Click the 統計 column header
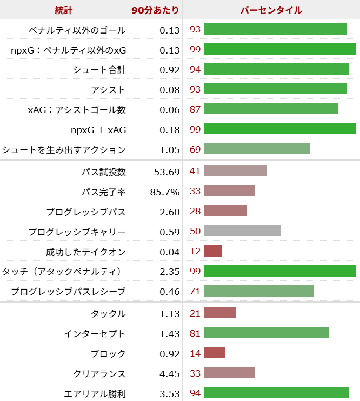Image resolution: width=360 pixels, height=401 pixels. [x=64, y=10]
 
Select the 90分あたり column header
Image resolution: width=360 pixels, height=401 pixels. [x=156, y=10]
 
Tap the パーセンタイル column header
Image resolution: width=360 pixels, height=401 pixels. [x=271, y=10]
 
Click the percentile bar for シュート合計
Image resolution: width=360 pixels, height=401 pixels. [x=276, y=69]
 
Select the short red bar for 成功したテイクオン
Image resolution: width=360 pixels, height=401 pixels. [x=213, y=251]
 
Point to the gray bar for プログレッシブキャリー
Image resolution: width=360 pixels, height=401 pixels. [x=242, y=231]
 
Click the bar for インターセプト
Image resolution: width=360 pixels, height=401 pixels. [x=266, y=333]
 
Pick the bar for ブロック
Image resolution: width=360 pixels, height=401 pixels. [x=215, y=353]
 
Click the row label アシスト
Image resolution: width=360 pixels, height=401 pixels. [x=108, y=90]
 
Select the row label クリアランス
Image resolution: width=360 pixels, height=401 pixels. [x=99, y=374]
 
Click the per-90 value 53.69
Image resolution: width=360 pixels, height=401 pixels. [x=166, y=172]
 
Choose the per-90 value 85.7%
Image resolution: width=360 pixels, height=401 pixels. [x=165, y=192]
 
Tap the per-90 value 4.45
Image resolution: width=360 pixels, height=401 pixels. [x=169, y=374]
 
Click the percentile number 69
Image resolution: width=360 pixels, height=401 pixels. [x=195, y=149]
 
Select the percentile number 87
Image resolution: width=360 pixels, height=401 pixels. [x=195, y=109]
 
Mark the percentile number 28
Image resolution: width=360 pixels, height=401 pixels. [x=195, y=212]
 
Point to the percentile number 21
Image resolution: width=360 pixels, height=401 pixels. [x=195, y=313]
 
